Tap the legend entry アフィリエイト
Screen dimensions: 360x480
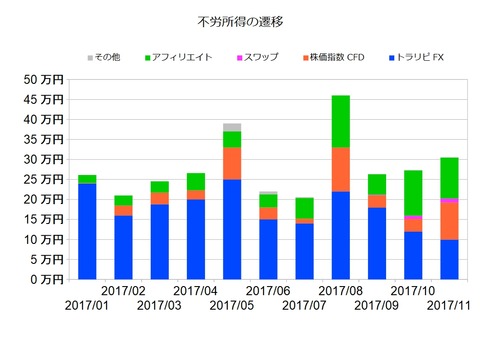(184, 57)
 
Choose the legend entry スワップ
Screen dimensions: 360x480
(259, 57)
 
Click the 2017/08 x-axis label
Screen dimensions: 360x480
(341, 291)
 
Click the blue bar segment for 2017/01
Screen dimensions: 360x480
(87, 231)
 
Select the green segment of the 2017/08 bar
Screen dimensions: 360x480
(341, 121)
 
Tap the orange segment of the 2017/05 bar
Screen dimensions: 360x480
(232, 163)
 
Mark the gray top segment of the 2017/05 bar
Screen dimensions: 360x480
(232, 127)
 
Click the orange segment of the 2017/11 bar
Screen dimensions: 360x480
(449, 221)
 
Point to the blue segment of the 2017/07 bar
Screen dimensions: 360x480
(304, 251)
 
